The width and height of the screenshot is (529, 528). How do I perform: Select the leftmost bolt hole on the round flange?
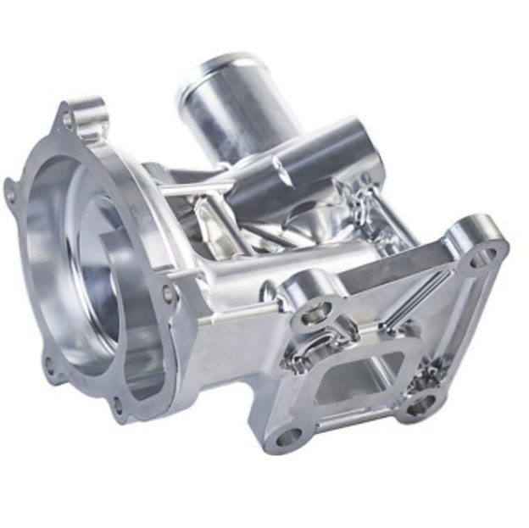[10, 194]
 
